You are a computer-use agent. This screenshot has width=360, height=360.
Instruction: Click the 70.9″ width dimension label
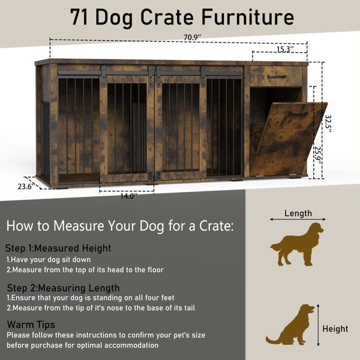tap(192, 37)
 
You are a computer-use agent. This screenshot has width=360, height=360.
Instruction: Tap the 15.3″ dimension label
tap(285, 49)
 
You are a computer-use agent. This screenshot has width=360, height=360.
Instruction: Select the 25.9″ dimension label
tap(318, 155)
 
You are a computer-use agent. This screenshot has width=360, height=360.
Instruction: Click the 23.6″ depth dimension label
tap(26, 186)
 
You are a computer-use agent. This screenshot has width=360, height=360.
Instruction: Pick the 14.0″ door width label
tap(129, 196)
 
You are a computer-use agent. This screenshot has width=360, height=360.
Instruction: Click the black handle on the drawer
tap(277, 76)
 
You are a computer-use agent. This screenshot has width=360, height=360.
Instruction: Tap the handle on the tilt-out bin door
tap(298, 113)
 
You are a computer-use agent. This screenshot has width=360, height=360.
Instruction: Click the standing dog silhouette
tap(297, 244)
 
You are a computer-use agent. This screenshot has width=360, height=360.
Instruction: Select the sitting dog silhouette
tap(290, 325)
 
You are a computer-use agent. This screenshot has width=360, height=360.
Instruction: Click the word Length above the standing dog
tap(298, 213)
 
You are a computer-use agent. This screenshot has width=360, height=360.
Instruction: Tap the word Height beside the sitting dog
tap(335, 329)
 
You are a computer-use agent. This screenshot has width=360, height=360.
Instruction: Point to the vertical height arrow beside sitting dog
tap(318, 325)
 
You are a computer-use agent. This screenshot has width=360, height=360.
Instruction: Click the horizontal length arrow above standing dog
tap(298, 219)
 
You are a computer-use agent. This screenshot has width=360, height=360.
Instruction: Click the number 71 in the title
tap(79, 17)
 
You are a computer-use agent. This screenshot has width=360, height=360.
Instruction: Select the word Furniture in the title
tap(248, 17)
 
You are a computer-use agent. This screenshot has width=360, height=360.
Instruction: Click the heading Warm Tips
tap(31, 325)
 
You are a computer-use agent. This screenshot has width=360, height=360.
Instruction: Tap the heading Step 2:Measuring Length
tap(64, 288)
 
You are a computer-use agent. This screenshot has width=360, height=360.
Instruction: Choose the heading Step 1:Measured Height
tap(58, 248)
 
